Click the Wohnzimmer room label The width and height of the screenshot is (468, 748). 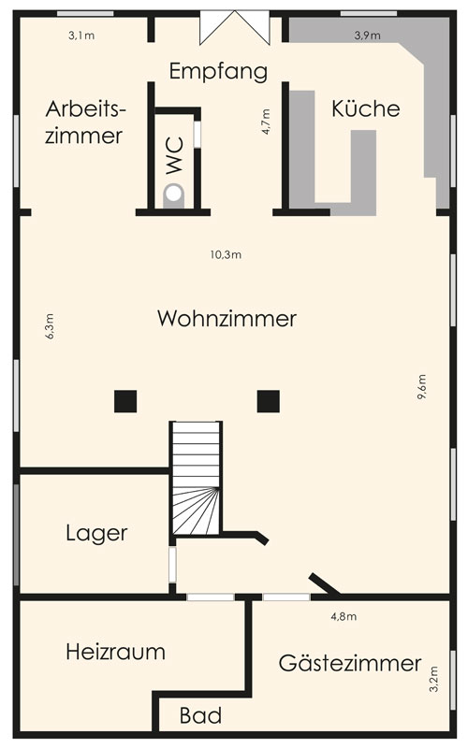point(227,319)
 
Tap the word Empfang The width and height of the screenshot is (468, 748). point(218,72)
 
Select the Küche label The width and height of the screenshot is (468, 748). point(365,108)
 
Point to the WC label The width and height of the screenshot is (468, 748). point(175,155)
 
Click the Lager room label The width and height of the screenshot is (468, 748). point(96,533)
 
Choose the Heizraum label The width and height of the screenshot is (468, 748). point(115,652)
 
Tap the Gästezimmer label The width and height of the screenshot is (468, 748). point(350,663)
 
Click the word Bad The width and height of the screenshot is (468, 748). point(200,715)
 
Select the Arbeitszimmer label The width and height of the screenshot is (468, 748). point(85,122)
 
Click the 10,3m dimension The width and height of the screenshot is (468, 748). point(226,254)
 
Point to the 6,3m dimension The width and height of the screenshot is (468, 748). point(50,326)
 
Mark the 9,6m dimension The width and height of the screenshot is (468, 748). point(422,386)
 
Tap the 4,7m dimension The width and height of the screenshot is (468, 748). point(266,122)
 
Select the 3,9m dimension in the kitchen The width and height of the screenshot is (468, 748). point(367,36)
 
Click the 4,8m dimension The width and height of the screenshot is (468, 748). point(344,616)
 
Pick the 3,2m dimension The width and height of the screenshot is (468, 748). point(433,679)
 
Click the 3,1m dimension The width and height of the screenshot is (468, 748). point(81,36)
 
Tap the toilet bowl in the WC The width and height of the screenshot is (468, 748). point(174,194)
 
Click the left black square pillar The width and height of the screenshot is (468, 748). point(125,401)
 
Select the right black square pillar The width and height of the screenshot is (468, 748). point(269,401)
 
